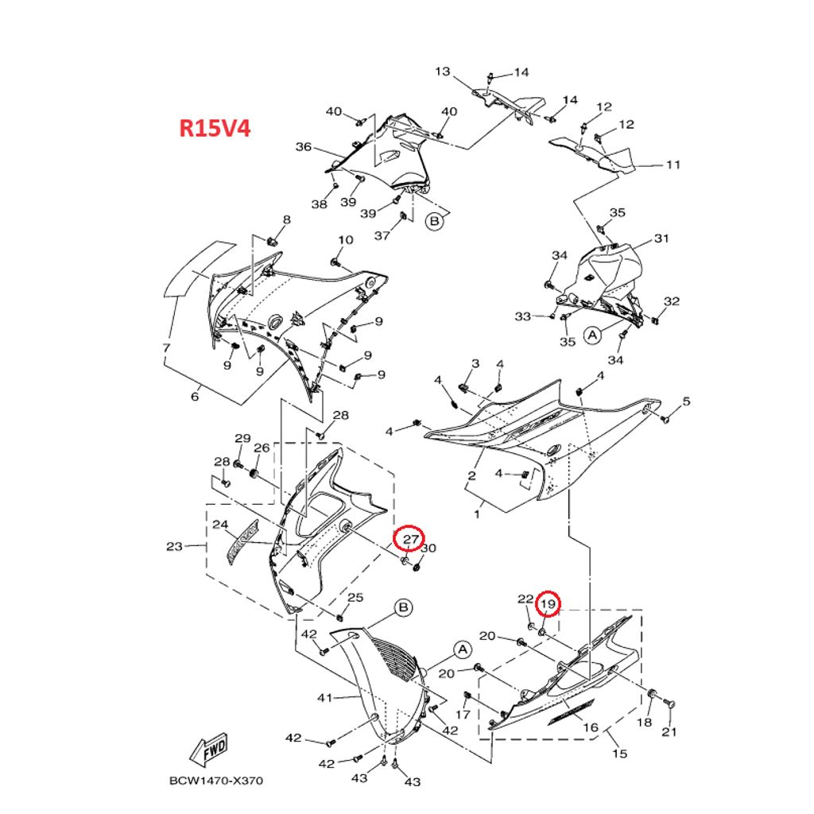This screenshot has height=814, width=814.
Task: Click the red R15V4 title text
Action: [x=215, y=127]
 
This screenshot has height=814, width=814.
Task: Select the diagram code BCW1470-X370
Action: [x=215, y=781]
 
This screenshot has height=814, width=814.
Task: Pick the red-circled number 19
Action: [x=548, y=605]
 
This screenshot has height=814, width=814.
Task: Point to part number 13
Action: [x=443, y=72]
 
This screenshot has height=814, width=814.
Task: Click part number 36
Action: [x=304, y=146]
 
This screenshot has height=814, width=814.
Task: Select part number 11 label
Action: [x=673, y=165]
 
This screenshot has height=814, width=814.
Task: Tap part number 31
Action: [x=662, y=238]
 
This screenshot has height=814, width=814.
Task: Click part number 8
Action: [x=286, y=219]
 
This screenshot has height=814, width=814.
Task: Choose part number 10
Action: [x=346, y=240]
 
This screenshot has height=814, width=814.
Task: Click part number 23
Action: [x=174, y=546]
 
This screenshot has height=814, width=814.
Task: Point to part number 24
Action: [x=220, y=525]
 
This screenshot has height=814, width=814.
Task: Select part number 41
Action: [x=324, y=698]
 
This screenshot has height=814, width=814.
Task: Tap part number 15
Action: [x=618, y=754]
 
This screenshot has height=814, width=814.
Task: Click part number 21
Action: [x=669, y=732]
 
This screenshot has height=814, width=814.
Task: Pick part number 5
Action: [x=687, y=401]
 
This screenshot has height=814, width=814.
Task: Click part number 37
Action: [x=382, y=235]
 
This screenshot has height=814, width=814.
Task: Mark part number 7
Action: [x=166, y=348]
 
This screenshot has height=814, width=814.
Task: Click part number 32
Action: [x=672, y=301]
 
